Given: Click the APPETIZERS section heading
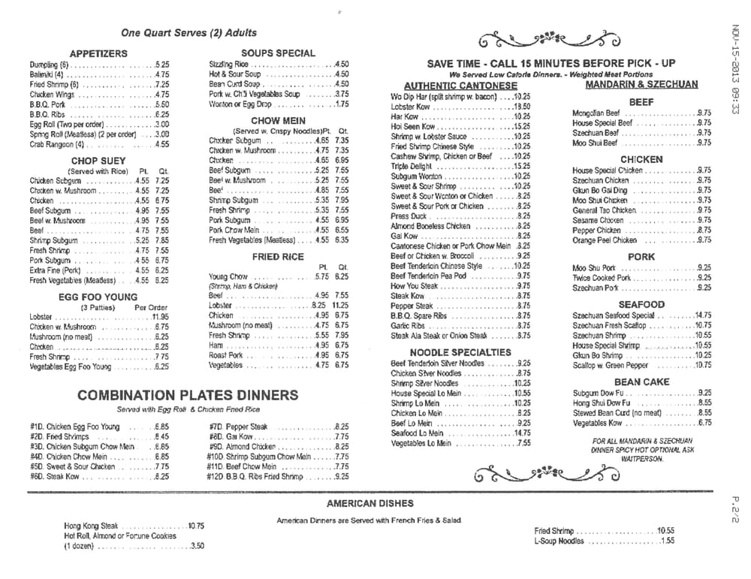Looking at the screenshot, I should tap(98, 53).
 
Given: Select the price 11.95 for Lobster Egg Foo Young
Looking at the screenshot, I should tap(159, 317).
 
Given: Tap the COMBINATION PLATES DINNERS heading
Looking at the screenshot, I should tap(187, 395).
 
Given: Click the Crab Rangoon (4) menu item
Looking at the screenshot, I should tap(58, 144).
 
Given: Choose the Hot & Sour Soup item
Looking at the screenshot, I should tap(235, 74).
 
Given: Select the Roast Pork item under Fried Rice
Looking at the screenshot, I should tap(226, 355).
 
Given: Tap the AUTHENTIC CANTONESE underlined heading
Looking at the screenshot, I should tap(450, 86).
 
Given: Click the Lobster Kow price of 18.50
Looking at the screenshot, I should tap(522, 107).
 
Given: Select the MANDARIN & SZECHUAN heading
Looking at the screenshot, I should tap(641, 84).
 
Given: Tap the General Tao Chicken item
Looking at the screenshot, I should tap(604, 210).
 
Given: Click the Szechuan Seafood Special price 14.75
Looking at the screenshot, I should tap(703, 315).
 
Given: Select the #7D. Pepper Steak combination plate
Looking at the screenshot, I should tap(238, 427).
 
